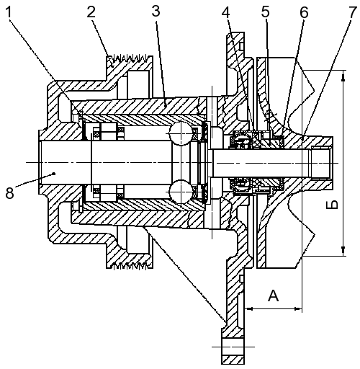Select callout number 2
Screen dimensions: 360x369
pos(91,12)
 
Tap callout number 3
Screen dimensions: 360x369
pos(156,11)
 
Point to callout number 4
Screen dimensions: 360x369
pos(227,12)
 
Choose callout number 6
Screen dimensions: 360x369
pos(304,12)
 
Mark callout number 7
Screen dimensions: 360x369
pos(352,12)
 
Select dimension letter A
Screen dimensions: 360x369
pos(274,295)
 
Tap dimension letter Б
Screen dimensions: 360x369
pos(332,205)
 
